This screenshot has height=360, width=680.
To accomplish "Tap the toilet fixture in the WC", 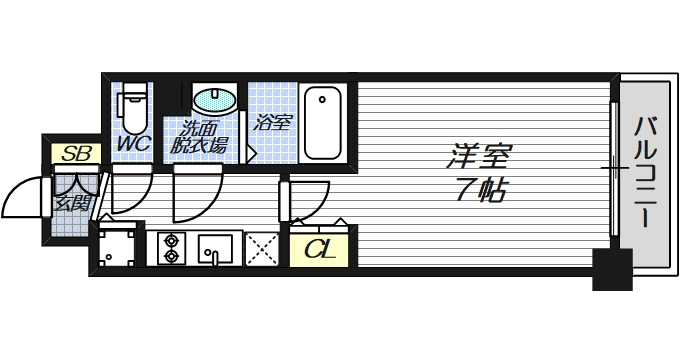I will click(132, 107).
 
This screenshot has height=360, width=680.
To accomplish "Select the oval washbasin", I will click(214, 101).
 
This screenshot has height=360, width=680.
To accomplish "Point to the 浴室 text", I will click(272, 123).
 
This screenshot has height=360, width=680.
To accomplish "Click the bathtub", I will click(323, 123).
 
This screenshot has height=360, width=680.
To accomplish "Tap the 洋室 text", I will click(480, 158).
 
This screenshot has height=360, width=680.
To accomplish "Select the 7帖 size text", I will click(480, 191).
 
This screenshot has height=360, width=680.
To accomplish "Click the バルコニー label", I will click(645, 170).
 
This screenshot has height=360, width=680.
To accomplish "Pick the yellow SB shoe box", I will click(73, 154).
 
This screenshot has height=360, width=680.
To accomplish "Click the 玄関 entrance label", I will click(71, 203).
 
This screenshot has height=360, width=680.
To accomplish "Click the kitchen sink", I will click(216, 247).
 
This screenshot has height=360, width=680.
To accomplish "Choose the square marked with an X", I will click(262, 247).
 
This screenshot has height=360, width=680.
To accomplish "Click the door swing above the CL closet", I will click(311, 199).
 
